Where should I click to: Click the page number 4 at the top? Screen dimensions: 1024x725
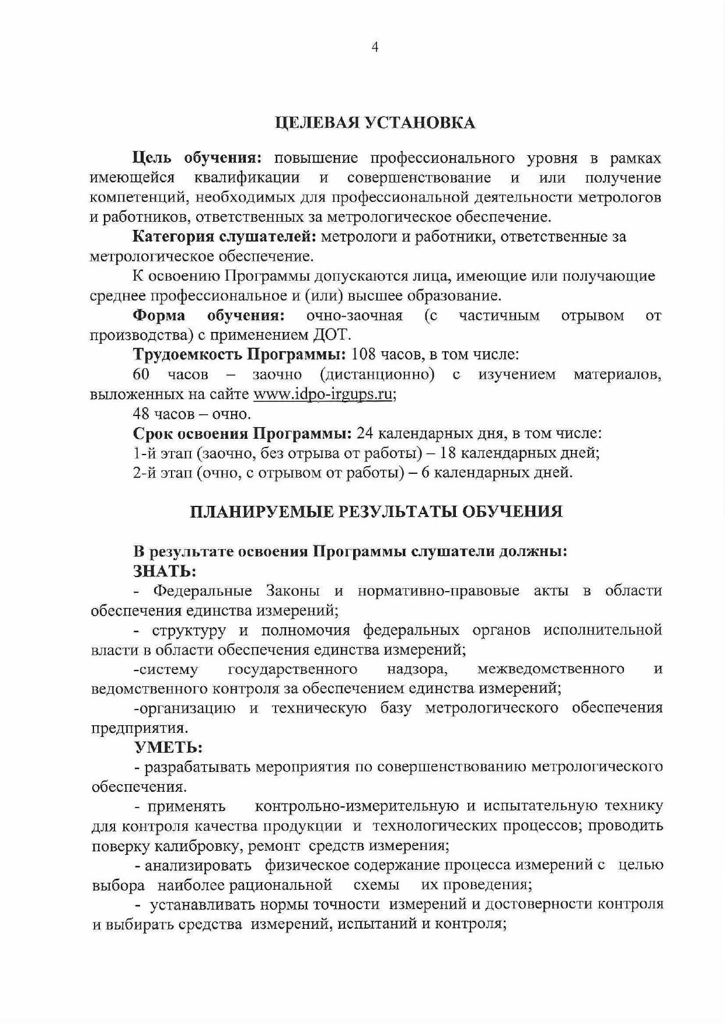(x=375, y=47)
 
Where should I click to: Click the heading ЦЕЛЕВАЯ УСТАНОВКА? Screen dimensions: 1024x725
(x=375, y=123)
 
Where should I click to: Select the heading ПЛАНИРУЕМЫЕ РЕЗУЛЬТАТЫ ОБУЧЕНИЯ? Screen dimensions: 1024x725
(x=377, y=512)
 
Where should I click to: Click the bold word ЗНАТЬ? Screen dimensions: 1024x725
(x=165, y=571)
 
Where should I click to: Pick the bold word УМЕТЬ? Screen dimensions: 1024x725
(x=168, y=747)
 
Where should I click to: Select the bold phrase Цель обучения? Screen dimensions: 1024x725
(x=197, y=158)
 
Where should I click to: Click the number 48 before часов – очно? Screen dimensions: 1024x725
(x=141, y=414)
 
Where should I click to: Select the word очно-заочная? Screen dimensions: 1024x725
(x=354, y=315)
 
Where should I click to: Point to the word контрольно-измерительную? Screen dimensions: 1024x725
(x=357, y=806)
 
